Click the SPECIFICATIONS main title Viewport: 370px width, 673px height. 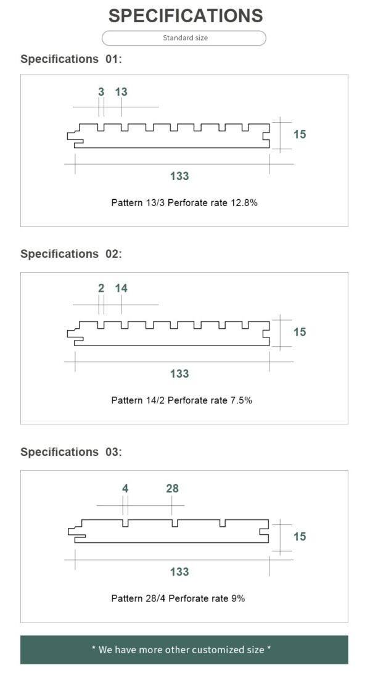[x=186, y=16]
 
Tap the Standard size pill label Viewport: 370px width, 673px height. [x=185, y=38]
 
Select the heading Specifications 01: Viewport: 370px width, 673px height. [x=72, y=59]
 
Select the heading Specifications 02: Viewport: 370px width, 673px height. [x=72, y=254]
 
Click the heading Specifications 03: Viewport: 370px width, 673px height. [x=72, y=452]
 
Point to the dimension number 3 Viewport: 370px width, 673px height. [x=101, y=91]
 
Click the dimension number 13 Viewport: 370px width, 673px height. [x=121, y=91]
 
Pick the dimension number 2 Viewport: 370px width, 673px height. [x=101, y=288]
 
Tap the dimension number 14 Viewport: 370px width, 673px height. [x=121, y=288]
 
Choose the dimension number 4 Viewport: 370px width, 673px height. [x=125, y=489]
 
